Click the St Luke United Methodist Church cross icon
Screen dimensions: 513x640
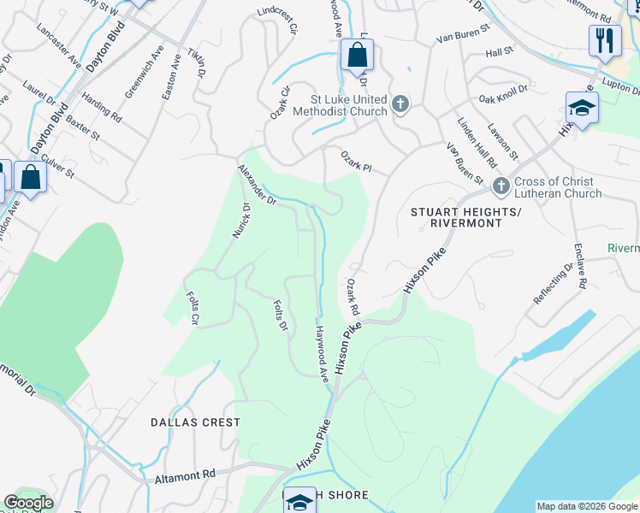(x=400, y=104)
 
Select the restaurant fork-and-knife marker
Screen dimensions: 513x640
(x=605, y=40)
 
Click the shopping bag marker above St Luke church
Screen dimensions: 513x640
(x=357, y=56)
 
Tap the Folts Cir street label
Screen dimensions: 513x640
(x=193, y=308)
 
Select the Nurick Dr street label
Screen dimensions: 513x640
(x=240, y=220)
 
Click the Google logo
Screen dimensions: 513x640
(x=28, y=503)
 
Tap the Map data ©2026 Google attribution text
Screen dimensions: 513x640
(x=587, y=506)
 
